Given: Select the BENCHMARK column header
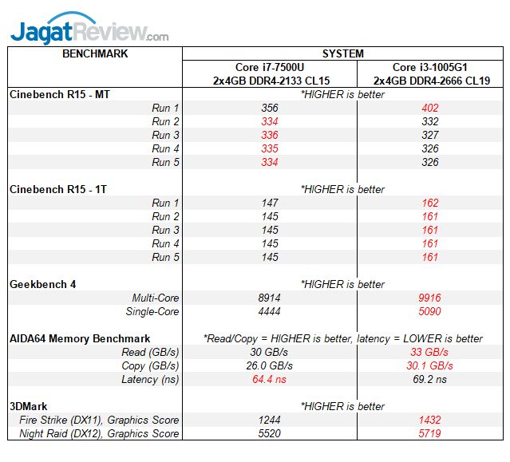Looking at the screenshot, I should tap(94, 54).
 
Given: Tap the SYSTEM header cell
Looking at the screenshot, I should tap(342, 54).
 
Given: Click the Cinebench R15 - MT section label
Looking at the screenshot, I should tap(60, 94).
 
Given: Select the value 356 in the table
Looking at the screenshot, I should tap(269, 108).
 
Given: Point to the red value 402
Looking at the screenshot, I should tap(431, 108).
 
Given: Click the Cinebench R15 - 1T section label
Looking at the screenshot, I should tap(58, 189).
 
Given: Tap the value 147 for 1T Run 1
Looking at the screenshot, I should tap(269, 203).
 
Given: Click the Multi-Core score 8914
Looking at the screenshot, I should tap(269, 298).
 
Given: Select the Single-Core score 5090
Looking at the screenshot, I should tap(431, 311).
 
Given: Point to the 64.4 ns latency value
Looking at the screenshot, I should tap(269, 379).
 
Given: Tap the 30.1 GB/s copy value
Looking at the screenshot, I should tap(431, 365).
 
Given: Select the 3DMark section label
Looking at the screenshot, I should tap(30, 406).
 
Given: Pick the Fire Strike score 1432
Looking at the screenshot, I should tap(431, 420).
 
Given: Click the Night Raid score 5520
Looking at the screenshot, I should tap(269, 433).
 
